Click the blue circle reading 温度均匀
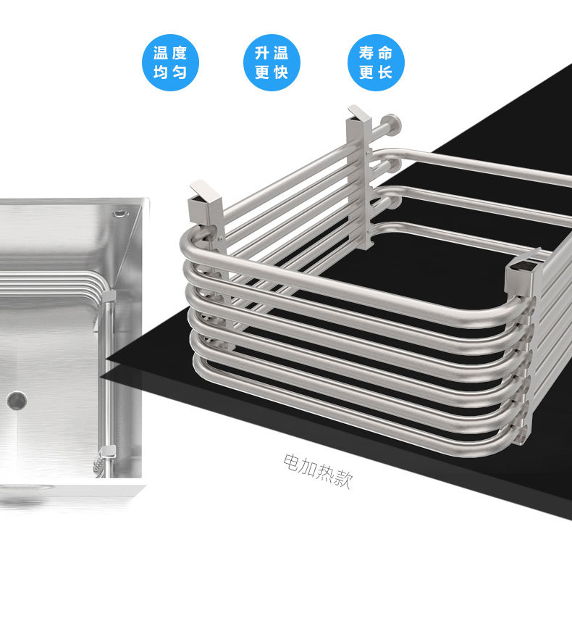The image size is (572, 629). (x=170, y=62)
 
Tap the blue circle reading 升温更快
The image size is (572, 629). (x=272, y=62)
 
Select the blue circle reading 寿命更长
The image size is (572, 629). (x=376, y=62)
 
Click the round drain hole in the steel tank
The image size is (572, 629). (x=17, y=400)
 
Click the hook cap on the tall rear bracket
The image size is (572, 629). (x=360, y=113)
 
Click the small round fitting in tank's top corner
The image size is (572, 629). (x=119, y=213)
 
